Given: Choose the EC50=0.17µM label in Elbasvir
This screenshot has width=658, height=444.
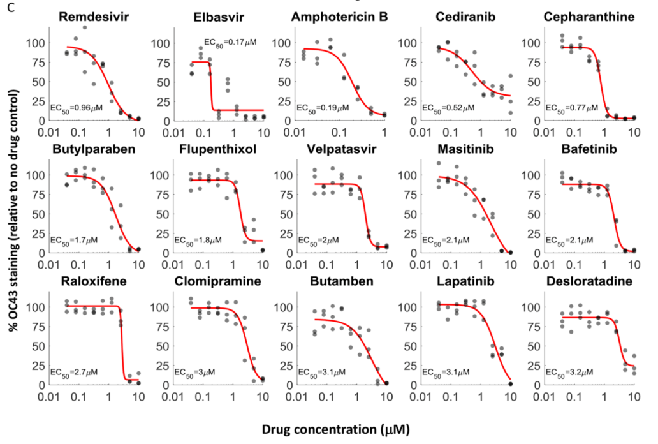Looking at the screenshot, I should pyautogui.click(x=231, y=42).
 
